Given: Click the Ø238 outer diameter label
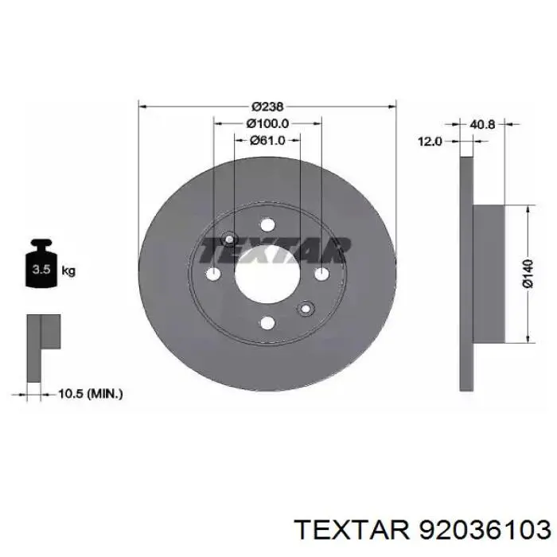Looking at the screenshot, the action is [x=267, y=106].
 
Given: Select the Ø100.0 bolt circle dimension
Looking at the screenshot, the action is [x=267, y=123].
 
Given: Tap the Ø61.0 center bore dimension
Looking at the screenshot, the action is [x=267, y=141].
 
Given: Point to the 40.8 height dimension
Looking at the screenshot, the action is [x=482, y=124].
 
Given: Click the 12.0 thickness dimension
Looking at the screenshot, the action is [x=430, y=142].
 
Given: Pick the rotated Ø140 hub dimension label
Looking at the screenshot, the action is [x=528, y=274].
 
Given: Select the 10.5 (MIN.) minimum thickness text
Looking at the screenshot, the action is [x=90, y=394].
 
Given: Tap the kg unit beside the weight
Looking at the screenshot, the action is [x=68, y=271].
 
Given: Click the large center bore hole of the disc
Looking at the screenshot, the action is [x=267, y=274].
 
